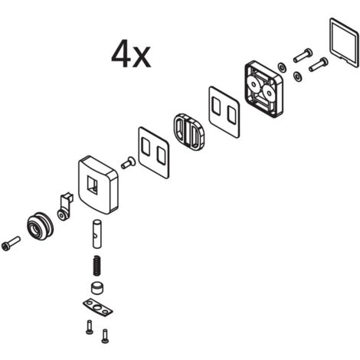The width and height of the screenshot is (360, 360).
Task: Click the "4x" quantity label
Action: (131, 54)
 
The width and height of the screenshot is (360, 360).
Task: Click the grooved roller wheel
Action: (40, 226)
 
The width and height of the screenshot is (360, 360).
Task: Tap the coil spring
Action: (97, 266)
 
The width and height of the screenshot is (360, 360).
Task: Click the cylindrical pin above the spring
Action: (97, 234)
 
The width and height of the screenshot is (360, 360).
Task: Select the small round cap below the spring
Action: (97, 288)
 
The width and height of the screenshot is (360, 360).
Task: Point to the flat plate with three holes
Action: (98, 307)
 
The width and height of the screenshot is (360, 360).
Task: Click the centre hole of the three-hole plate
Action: (97, 307)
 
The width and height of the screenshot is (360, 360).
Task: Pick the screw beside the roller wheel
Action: (11, 243)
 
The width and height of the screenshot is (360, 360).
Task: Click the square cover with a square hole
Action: (98, 185)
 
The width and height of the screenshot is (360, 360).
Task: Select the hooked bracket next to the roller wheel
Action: (66, 206)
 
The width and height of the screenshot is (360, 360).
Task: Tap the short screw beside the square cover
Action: (129, 162)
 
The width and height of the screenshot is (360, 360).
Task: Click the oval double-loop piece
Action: (190, 131)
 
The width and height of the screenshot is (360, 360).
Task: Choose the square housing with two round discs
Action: (264, 89)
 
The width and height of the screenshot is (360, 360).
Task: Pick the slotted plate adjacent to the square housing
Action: (224, 113)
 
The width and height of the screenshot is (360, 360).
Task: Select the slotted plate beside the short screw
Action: (154, 152)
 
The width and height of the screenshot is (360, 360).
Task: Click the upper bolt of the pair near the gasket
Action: (303, 55)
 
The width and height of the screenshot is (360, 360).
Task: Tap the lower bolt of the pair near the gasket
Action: (319, 64)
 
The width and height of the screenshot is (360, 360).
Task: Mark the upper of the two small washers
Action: (282, 67)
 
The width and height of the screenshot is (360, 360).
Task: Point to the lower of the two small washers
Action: (298, 77)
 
